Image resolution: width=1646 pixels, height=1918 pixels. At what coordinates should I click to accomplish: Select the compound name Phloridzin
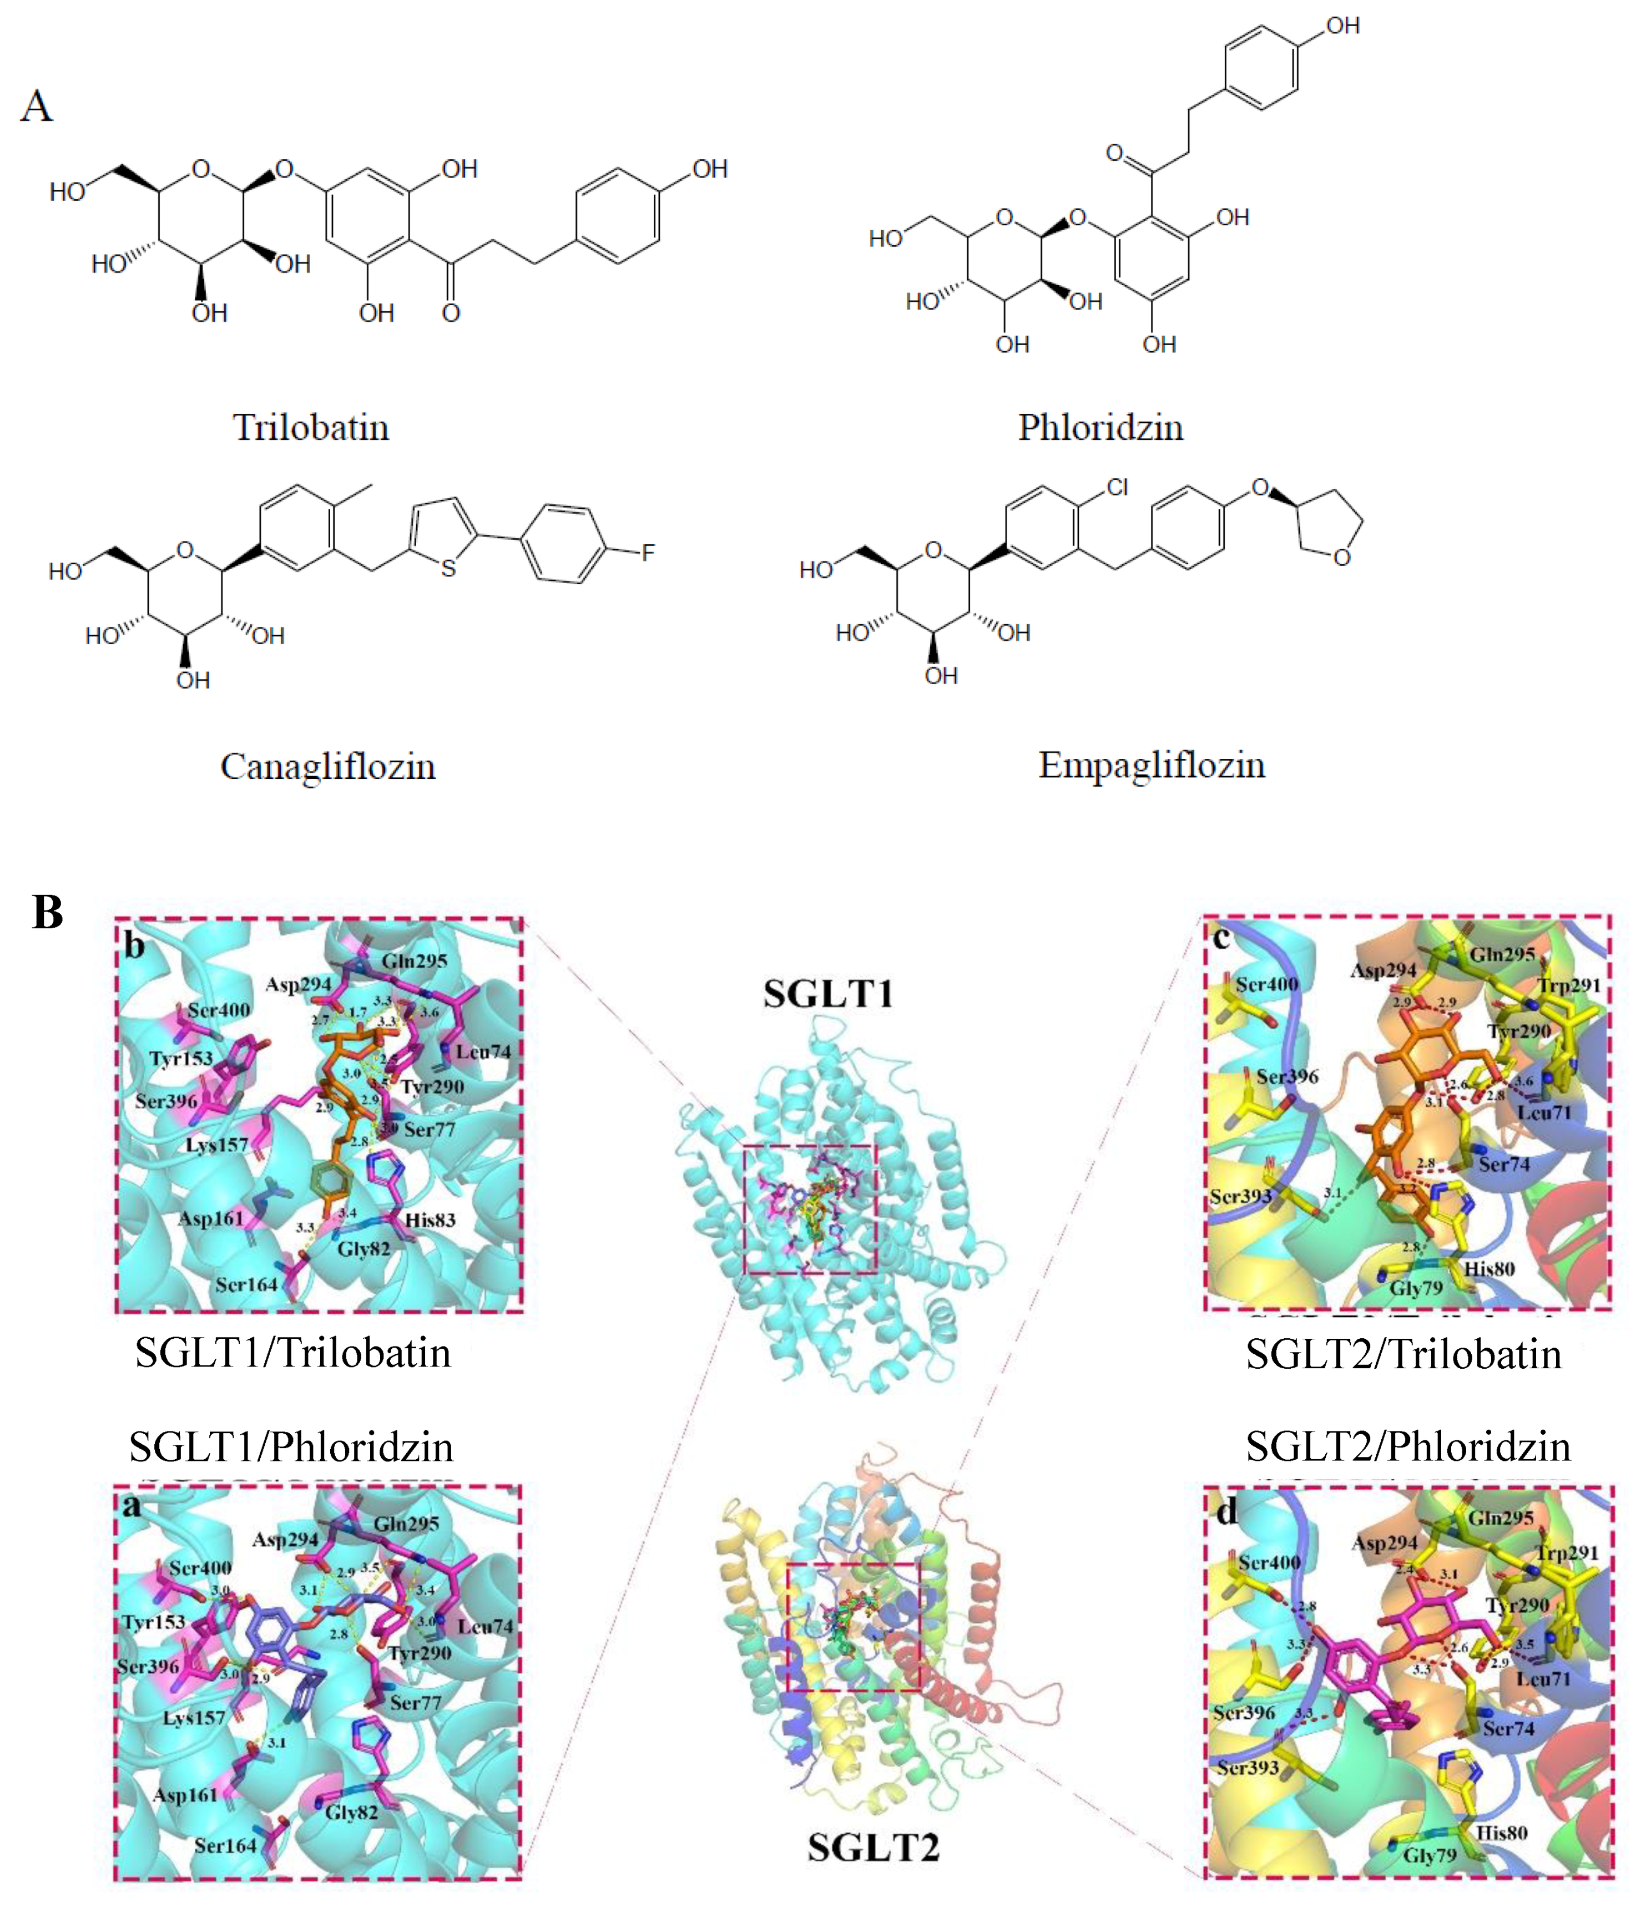(x=1100, y=428)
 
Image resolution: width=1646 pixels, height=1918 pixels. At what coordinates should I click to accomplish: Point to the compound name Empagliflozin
(x=1151, y=765)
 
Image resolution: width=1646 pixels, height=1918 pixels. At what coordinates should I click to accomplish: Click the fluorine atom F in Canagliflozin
(x=648, y=554)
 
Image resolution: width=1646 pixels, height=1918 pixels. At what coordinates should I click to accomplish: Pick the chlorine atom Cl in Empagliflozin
(x=1117, y=488)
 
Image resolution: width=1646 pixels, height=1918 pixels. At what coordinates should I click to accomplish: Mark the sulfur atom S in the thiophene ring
(x=448, y=568)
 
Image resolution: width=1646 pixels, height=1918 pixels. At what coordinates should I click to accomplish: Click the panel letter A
(x=37, y=107)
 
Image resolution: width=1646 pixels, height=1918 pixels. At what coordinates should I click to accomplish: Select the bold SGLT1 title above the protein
(x=827, y=993)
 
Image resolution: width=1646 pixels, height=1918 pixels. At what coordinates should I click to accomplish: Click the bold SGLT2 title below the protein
(x=873, y=1847)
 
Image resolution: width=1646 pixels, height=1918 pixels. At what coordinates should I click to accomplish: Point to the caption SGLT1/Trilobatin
(x=292, y=1353)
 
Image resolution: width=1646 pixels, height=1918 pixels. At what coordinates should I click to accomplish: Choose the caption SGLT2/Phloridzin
(x=1407, y=1446)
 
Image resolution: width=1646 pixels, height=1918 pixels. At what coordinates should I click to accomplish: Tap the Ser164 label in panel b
(x=246, y=1284)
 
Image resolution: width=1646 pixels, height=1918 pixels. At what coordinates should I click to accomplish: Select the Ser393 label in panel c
(x=1240, y=1196)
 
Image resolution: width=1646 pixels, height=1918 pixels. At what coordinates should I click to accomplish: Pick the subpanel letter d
(x=1226, y=1512)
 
